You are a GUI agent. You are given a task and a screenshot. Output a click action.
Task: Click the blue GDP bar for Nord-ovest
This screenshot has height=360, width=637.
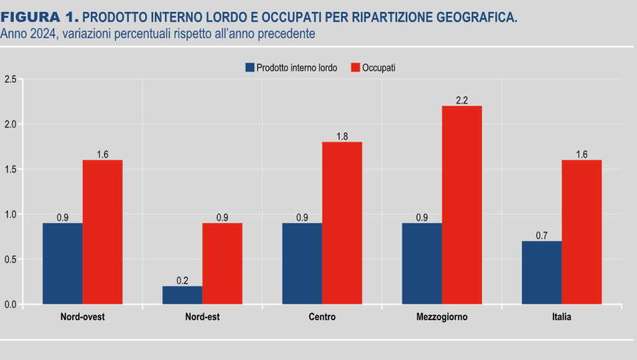click(x=62, y=264)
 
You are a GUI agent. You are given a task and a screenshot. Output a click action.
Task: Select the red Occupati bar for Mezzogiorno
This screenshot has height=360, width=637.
click(x=462, y=205)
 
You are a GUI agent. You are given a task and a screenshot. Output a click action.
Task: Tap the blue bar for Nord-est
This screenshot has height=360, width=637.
click(x=182, y=295)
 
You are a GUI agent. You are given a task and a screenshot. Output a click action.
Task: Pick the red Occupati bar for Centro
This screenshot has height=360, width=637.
click(x=342, y=223)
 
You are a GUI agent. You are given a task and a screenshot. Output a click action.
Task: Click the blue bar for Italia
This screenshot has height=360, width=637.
click(x=541, y=273)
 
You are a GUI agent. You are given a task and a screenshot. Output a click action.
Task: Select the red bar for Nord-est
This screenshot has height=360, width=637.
click(x=222, y=264)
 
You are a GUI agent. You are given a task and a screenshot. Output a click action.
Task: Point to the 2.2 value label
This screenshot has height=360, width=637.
click(x=462, y=100)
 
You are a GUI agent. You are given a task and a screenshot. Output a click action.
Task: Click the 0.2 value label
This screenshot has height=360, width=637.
click(x=182, y=280)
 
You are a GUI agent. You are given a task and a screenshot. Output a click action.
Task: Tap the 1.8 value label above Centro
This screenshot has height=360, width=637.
click(x=342, y=136)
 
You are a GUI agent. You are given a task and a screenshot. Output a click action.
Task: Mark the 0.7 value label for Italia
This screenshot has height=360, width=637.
click(x=541, y=236)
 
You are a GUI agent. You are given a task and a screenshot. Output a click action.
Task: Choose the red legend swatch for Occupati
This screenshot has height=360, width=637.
click(x=356, y=68)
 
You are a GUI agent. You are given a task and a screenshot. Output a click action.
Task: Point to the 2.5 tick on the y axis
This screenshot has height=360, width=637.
click(x=10, y=79)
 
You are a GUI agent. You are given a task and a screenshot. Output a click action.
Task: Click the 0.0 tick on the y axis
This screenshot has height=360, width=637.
click(x=10, y=305)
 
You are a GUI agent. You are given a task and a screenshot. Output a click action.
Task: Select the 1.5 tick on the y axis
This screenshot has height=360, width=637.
click(x=10, y=169)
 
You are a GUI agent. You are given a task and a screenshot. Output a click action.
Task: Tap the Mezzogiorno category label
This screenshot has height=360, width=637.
click(x=442, y=317)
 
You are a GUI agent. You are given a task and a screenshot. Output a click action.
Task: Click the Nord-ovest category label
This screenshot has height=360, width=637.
click(x=82, y=317)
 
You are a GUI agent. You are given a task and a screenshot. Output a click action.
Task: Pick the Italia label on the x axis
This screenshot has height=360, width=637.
click(x=561, y=317)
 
